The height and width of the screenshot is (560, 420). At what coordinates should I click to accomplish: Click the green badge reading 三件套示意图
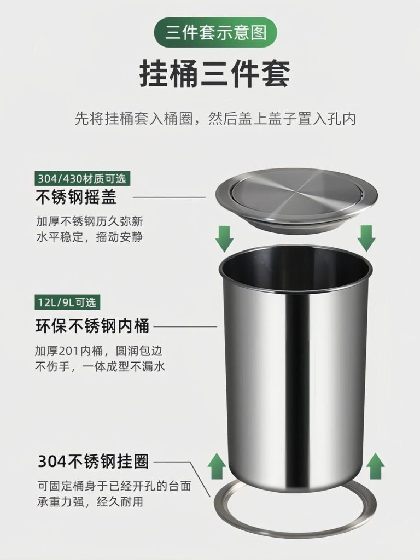[x=215, y=33]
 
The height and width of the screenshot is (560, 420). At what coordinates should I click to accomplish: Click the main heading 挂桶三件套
[x=214, y=73]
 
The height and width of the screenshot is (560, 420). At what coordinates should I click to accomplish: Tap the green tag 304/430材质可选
[x=83, y=178]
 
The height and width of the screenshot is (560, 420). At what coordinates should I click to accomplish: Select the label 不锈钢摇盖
[x=76, y=196]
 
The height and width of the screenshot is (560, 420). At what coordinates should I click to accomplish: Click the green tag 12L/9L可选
[x=67, y=302]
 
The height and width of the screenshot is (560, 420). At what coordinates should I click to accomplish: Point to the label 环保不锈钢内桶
[x=92, y=326]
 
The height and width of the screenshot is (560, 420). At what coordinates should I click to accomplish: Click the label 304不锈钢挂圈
[x=93, y=461]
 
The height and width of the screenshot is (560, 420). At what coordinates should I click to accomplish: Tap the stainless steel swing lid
[x=296, y=201]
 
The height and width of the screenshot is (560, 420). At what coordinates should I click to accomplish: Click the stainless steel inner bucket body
[x=296, y=368]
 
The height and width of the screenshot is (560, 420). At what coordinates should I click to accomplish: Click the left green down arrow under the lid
[x=224, y=238]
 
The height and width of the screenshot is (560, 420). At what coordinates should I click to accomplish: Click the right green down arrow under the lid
[x=366, y=238]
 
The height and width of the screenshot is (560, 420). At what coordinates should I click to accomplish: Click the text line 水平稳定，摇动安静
[x=89, y=237]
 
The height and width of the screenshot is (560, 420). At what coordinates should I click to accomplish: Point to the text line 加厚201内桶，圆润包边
[x=98, y=351]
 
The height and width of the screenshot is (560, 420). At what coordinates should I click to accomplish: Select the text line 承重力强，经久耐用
[x=90, y=502]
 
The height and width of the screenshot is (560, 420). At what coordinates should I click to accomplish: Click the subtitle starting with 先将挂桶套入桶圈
[x=215, y=119]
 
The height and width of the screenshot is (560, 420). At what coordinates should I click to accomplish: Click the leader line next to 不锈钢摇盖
[x=170, y=197]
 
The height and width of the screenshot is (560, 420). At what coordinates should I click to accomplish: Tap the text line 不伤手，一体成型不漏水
[x=100, y=366]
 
